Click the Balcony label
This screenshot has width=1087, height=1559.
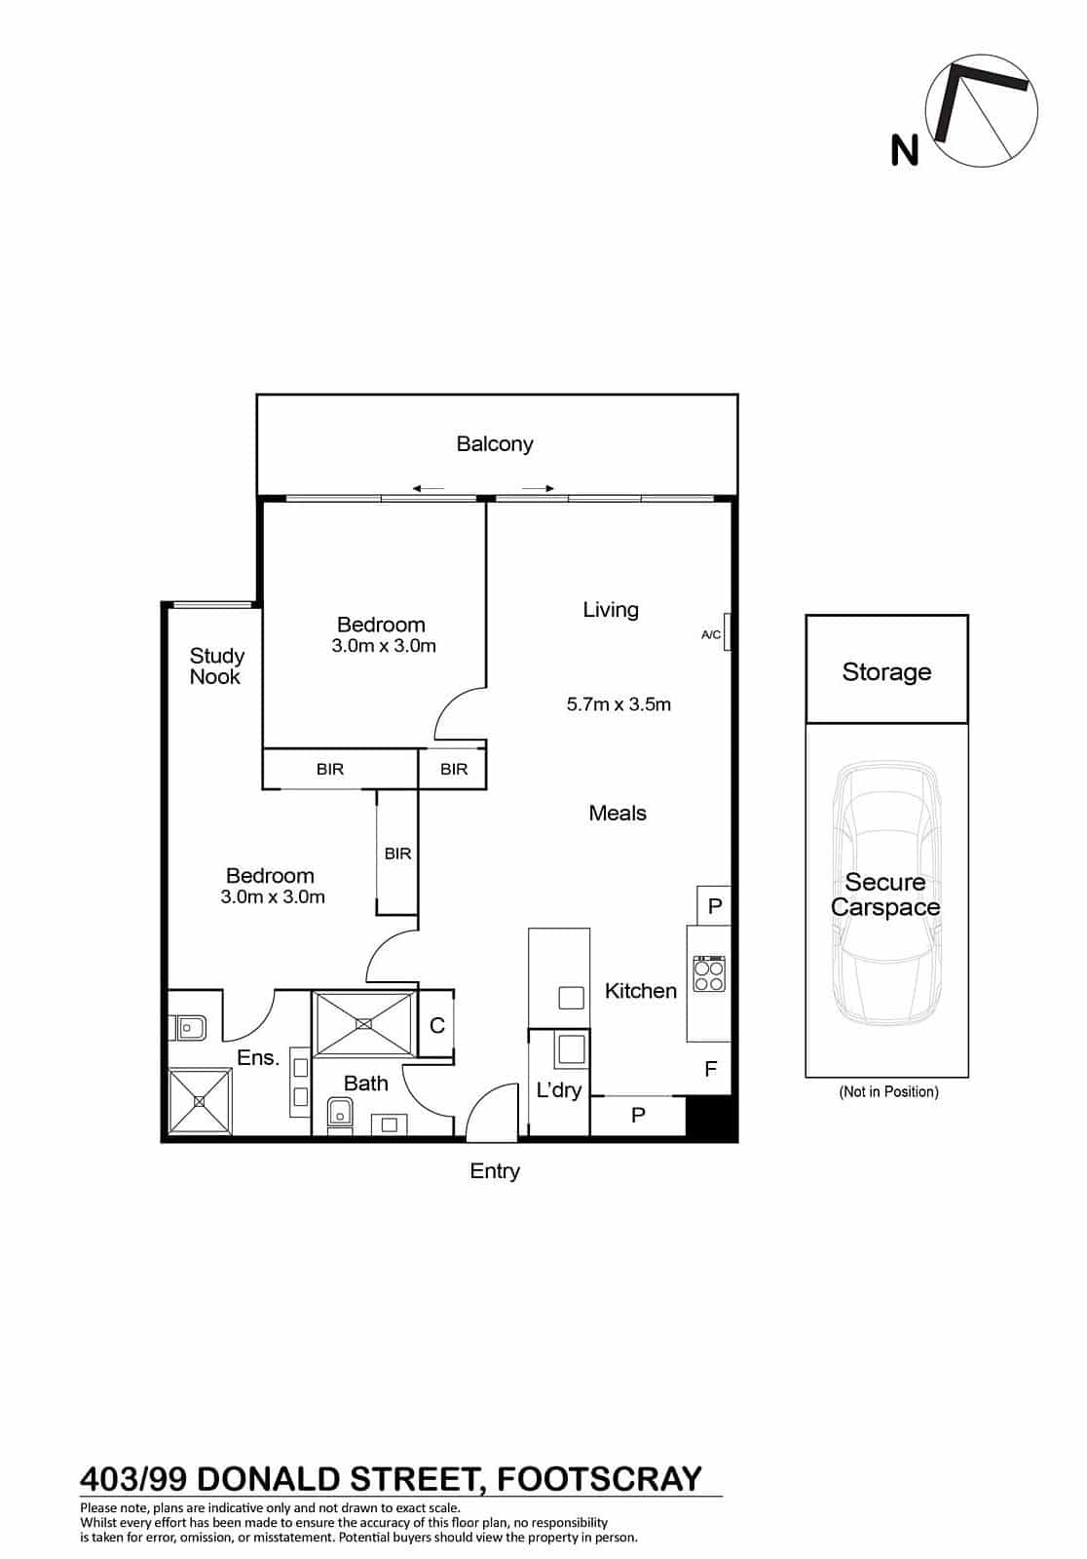(x=494, y=444)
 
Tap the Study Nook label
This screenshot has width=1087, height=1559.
(x=216, y=666)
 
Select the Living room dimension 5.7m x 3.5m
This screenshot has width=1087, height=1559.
(x=618, y=704)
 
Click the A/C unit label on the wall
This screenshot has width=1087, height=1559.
(x=710, y=634)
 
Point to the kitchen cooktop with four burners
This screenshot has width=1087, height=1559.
(x=709, y=974)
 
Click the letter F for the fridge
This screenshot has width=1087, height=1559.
(x=710, y=1068)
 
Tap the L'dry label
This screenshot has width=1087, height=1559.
(x=559, y=1090)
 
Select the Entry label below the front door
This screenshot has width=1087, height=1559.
(x=495, y=1170)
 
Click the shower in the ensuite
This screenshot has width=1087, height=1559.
(x=200, y=1101)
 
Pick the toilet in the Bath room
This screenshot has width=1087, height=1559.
(x=339, y=1115)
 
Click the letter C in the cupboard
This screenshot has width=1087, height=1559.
(x=437, y=1025)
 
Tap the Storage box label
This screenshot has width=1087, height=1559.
(x=886, y=671)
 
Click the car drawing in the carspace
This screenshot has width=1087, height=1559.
(x=886, y=894)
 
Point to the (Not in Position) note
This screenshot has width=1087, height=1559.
(x=888, y=1091)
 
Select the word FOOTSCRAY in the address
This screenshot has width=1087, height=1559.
(x=598, y=1479)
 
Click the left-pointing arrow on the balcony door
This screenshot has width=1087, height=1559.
(x=428, y=488)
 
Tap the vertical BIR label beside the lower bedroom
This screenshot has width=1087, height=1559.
(x=398, y=854)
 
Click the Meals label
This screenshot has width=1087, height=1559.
(x=618, y=813)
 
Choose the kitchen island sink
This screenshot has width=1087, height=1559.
(x=572, y=998)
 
